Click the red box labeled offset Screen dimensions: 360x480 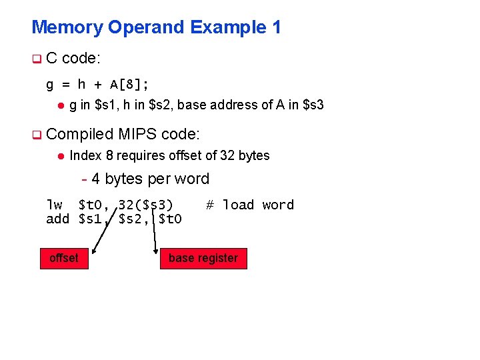pyautogui.click(x=64, y=258)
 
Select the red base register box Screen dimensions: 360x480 pyautogui.click(x=203, y=258)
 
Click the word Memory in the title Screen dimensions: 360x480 pyautogui.click(x=67, y=27)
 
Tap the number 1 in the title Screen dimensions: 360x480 pyautogui.click(x=276, y=27)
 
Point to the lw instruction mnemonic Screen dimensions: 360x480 pyautogui.click(x=54, y=205)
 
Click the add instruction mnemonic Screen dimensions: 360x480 pyautogui.click(x=57, y=218)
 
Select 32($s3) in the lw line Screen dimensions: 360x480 pyautogui.click(x=145, y=205)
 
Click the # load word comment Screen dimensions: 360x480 pyautogui.click(x=250, y=205)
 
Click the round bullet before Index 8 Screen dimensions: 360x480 pyautogui.click(x=59, y=156)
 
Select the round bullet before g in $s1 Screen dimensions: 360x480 pyautogui.click(x=59, y=105)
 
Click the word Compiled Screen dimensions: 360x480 pyautogui.click(x=81, y=134)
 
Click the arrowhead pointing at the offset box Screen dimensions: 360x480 pyautogui.click(x=94, y=251)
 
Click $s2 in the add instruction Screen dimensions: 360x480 pyautogui.click(x=133, y=218)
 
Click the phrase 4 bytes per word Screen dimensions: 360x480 pyautogui.click(x=150, y=179)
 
